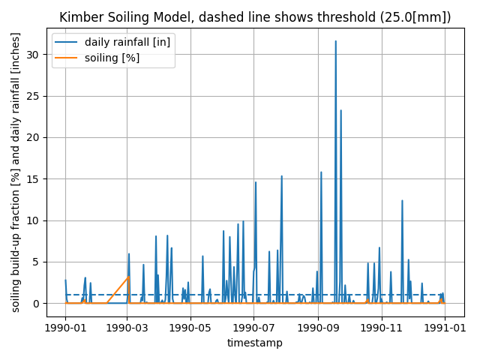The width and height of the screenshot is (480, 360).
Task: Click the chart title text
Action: pyautogui.click(x=255, y=17)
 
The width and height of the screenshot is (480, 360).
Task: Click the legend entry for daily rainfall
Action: pyautogui.click(x=127, y=42)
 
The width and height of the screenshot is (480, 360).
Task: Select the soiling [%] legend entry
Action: pyautogui.click(x=112, y=58)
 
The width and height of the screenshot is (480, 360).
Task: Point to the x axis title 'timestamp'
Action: pyautogui.click(x=255, y=343)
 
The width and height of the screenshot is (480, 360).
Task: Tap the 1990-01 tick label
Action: pyautogui.click(x=65, y=327)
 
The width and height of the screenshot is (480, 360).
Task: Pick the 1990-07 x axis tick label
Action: pyautogui.click(x=253, y=327)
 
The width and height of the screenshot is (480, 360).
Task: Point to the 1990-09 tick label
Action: pyautogui.click(x=318, y=327)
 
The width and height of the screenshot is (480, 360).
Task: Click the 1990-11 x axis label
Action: pyautogui.click(x=382, y=327)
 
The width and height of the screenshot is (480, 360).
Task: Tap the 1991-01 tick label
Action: pyautogui.click(x=445, y=327)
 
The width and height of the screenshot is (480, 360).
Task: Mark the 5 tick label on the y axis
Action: pyautogui.click(x=36, y=262)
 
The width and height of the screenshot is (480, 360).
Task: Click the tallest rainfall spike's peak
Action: pyautogui.click(x=335, y=41)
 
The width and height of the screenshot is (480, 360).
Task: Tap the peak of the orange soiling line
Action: pyautogui.click(x=129, y=276)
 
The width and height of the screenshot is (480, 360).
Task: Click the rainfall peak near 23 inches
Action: pyautogui.click(x=340, y=111)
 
